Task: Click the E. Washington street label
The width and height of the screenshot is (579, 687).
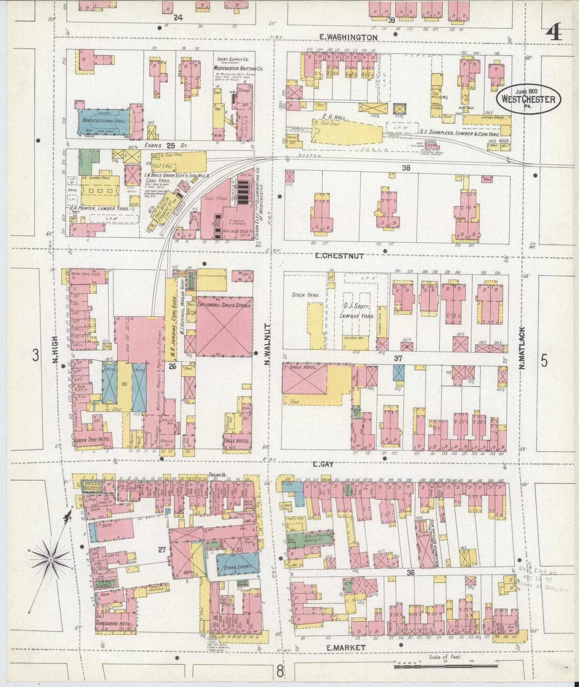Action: point(348,37)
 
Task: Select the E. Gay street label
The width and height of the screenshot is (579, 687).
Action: point(323,464)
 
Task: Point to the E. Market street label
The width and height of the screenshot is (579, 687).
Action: point(346,647)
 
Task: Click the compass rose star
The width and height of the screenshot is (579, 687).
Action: point(51,558)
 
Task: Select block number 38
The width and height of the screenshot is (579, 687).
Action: point(406,168)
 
